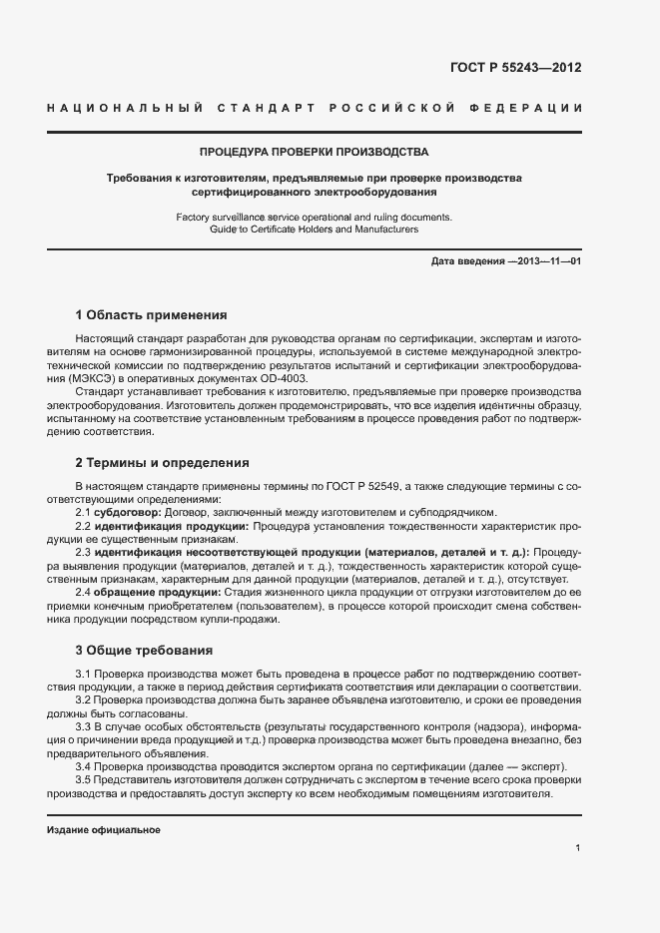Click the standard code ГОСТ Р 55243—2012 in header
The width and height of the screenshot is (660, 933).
(x=516, y=68)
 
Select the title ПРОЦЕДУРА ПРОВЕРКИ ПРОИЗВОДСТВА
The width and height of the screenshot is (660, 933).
(x=315, y=153)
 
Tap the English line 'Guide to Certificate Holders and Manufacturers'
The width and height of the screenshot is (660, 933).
(x=314, y=230)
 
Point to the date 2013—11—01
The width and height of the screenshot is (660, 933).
(x=546, y=261)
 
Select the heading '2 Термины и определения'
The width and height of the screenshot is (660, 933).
(x=162, y=463)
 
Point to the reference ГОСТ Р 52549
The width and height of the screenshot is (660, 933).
(x=363, y=486)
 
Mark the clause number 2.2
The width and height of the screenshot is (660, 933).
(x=83, y=525)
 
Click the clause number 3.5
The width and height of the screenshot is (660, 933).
(x=83, y=779)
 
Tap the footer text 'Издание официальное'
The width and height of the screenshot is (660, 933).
(x=103, y=830)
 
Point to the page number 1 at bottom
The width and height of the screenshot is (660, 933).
(x=578, y=848)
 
